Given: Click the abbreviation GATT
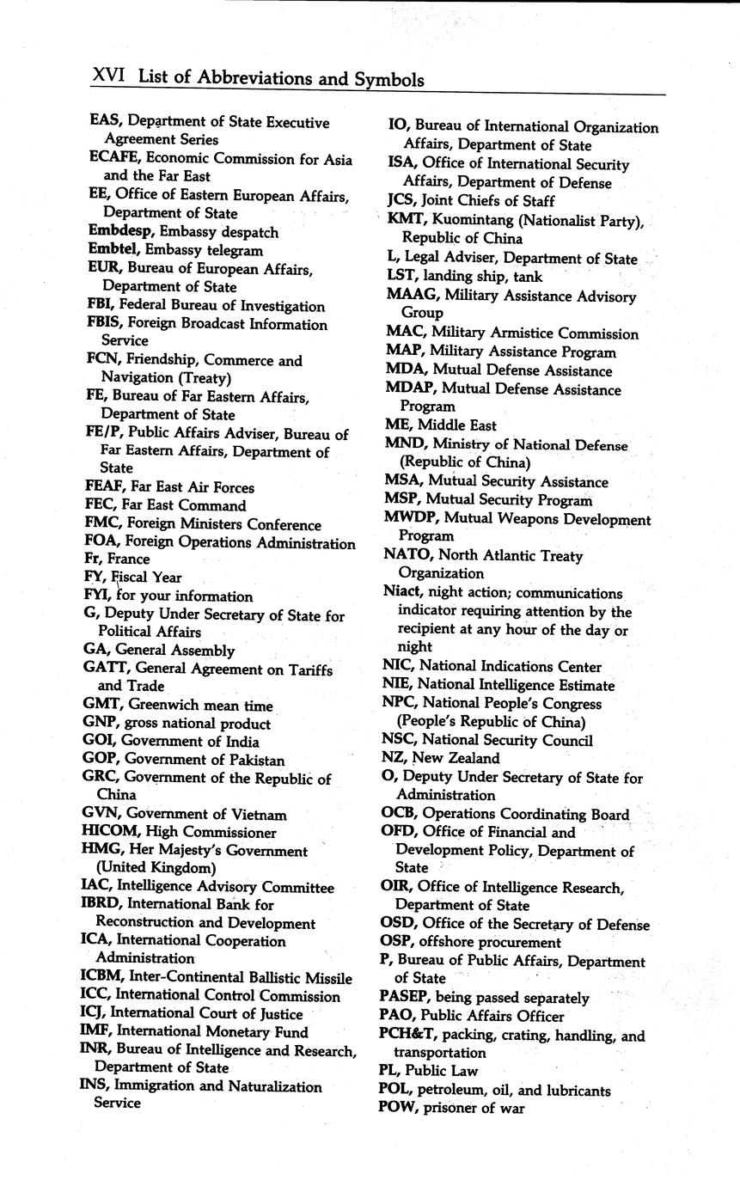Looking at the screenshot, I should tap(106, 668).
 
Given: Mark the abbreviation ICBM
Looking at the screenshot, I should tap(104, 977).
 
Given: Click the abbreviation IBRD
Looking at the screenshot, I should tap(103, 904).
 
